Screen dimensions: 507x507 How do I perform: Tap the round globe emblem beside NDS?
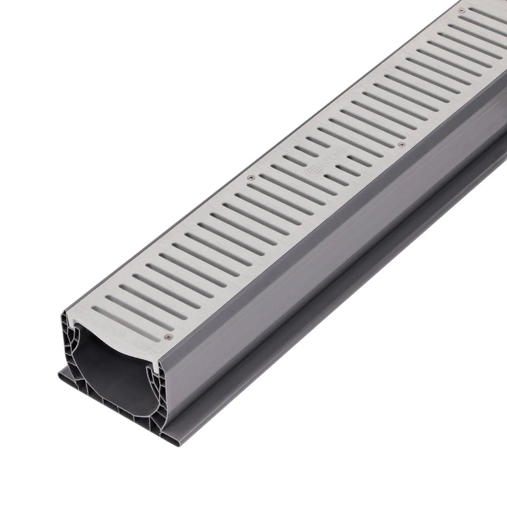coord(313,170)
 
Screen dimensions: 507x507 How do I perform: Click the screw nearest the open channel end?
coord(168,337)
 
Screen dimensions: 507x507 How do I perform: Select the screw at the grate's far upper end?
coord(461,11)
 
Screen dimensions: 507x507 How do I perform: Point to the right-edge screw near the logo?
coord(401,144)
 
